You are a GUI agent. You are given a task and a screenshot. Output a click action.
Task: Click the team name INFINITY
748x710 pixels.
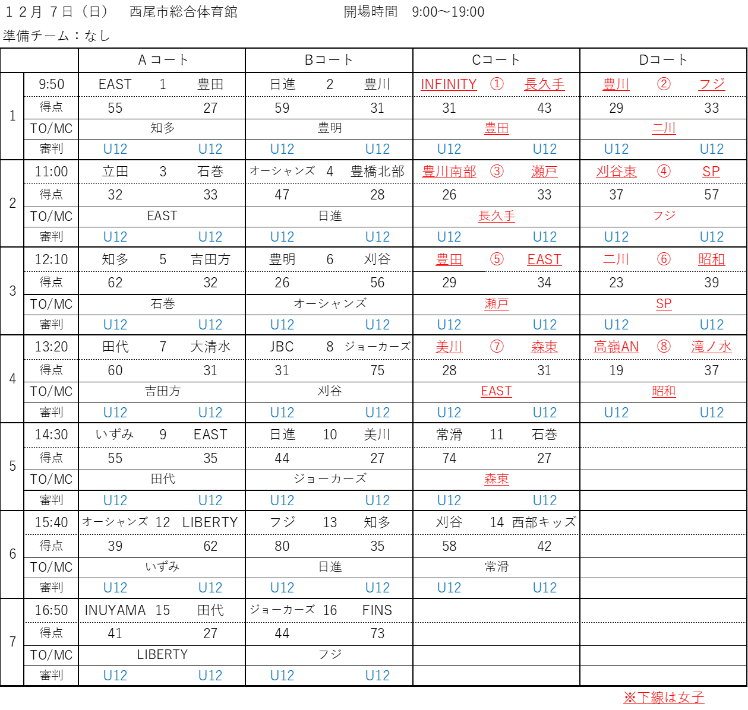tap(449, 84)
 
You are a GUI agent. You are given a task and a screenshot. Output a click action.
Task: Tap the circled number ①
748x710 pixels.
tap(497, 84)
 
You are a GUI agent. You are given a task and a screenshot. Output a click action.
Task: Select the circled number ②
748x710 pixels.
tap(664, 84)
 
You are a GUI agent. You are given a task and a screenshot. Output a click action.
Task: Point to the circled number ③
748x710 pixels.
tap(497, 172)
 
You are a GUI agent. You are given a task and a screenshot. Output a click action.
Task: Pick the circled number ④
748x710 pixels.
tap(664, 172)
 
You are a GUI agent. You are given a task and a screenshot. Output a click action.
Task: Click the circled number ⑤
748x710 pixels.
tap(497, 259)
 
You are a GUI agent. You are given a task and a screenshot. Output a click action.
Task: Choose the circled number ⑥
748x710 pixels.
tap(664, 259)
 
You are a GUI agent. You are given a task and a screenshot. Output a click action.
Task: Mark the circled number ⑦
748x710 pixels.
tap(497, 347)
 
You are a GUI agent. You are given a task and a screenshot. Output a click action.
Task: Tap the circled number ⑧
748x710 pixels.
tap(664, 347)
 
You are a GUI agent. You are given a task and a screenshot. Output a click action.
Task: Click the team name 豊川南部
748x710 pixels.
tap(449, 172)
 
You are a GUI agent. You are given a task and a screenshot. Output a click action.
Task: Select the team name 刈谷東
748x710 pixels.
tap(617, 172)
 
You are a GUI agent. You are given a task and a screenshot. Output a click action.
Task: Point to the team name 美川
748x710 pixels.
tap(449, 347)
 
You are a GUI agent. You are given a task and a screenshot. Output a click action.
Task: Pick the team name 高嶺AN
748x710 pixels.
tap(617, 347)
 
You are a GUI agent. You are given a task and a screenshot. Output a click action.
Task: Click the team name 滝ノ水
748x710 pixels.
tap(712, 347)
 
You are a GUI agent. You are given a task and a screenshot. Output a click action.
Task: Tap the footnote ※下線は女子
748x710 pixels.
tap(664, 697)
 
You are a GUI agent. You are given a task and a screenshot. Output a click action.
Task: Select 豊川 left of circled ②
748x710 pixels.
tap(617, 84)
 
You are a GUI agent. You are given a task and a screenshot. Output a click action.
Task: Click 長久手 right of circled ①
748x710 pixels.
tap(545, 84)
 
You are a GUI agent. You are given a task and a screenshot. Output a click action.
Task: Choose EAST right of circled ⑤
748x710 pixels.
tap(545, 259)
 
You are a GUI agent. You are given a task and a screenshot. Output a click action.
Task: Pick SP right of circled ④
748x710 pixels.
tap(712, 172)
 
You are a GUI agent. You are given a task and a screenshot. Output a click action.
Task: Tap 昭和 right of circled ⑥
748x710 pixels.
tap(712, 259)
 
